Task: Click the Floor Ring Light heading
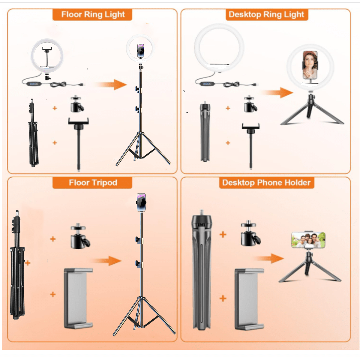(x=93, y=14)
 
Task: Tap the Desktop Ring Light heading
(x=266, y=14)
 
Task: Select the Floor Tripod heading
(x=93, y=182)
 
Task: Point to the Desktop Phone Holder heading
(x=266, y=182)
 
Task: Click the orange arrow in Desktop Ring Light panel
(x=277, y=92)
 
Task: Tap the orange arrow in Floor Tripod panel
(x=106, y=261)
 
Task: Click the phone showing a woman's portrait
(x=310, y=65)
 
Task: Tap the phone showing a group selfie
(x=308, y=240)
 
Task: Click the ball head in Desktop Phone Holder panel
(x=250, y=233)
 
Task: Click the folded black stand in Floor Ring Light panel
(x=33, y=133)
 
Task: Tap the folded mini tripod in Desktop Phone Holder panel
(x=202, y=270)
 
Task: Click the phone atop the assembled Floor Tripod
(x=141, y=202)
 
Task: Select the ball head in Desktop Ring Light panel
(x=250, y=104)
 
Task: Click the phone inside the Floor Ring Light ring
(x=141, y=51)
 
